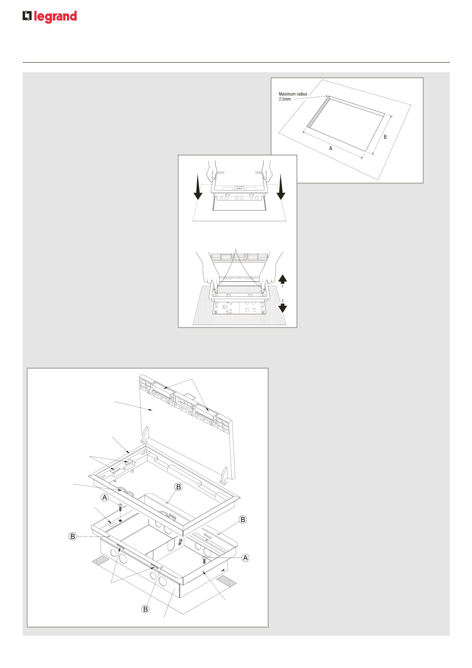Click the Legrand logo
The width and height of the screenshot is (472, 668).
[x=50, y=17]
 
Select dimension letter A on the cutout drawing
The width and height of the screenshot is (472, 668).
[x=330, y=148]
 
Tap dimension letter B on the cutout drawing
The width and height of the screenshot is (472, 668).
[x=385, y=137]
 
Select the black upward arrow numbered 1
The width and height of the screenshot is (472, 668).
[x=283, y=279]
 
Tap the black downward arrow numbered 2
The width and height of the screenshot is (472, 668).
[x=283, y=308]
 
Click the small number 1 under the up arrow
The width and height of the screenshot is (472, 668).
[x=283, y=287]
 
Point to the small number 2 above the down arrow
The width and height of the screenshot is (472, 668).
[x=283, y=300]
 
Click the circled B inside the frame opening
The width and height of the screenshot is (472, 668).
[x=178, y=487]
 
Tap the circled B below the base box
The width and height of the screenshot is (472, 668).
[x=145, y=609]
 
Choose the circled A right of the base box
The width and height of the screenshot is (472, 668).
[x=246, y=557]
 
